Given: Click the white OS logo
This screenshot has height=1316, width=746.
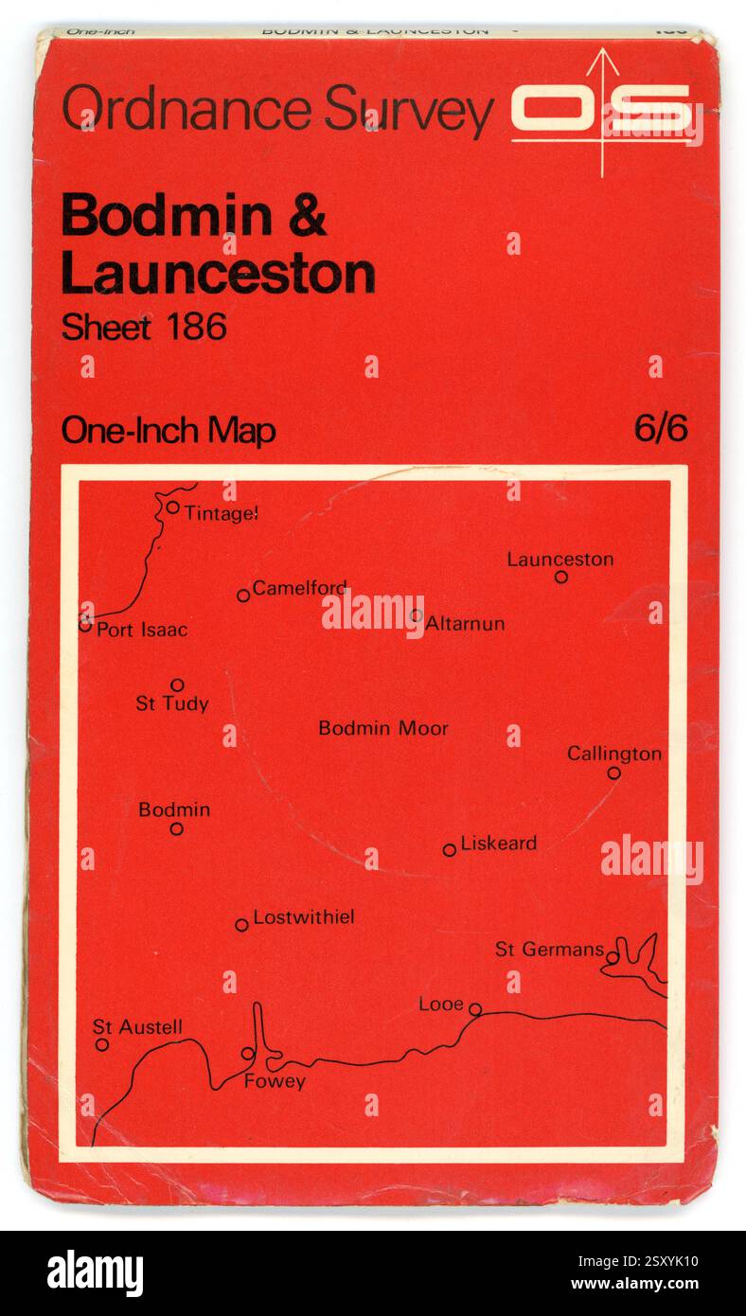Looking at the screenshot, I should click(602, 110).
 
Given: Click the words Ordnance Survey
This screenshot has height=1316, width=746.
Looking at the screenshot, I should click(277, 110).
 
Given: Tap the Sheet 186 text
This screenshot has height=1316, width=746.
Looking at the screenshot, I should click(144, 328).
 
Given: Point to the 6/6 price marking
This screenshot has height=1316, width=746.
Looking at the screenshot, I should click(661, 429).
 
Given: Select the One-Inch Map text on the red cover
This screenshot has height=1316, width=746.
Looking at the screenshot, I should click(169, 431).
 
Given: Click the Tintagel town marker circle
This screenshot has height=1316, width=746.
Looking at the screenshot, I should click(172, 507).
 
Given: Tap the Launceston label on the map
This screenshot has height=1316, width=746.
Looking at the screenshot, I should click(559, 559).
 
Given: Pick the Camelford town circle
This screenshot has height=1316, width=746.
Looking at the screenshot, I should click(243, 596).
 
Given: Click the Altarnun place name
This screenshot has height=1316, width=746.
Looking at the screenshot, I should click(465, 624).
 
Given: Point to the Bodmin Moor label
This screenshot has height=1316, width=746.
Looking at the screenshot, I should click(382, 728).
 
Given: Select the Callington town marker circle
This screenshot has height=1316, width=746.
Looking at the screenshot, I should click(613, 774).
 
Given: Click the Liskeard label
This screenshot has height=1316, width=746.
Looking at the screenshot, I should click(498, 843).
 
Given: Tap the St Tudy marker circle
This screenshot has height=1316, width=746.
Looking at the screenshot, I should click(177, 685).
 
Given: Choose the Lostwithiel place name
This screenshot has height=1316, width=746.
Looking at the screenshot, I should click(304, 917).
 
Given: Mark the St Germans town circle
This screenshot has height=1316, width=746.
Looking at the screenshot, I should click(613, 958).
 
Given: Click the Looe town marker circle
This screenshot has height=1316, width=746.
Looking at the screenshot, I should click(475, 1009).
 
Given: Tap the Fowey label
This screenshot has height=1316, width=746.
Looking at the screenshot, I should click(275, 1081).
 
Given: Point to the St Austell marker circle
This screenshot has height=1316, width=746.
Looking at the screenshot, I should click(102, 1045).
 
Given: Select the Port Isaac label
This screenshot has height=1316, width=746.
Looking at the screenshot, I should click(142, 630).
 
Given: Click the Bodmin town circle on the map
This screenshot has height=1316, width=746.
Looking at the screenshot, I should click(176, 829).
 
